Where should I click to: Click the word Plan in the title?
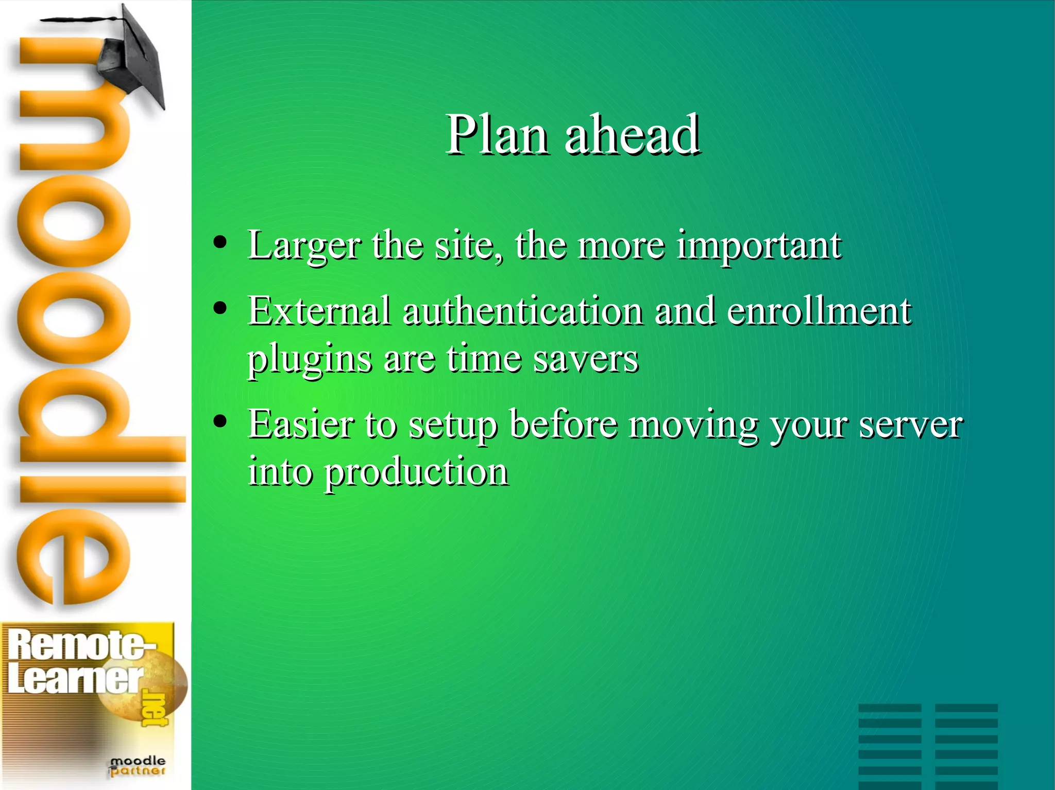pos(497,135)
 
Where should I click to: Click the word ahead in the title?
pos(632,135)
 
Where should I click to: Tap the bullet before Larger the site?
pos(220,242)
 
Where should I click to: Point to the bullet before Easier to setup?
pos(220,422)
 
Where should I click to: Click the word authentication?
pos(522,311)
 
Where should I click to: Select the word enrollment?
pos(819,311)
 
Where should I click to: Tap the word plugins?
pos(309,359)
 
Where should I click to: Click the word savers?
pos(586,358)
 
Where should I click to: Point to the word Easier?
pos(301,425)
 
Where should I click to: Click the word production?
pos(416,472)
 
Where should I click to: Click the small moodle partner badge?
pos(137,766)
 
